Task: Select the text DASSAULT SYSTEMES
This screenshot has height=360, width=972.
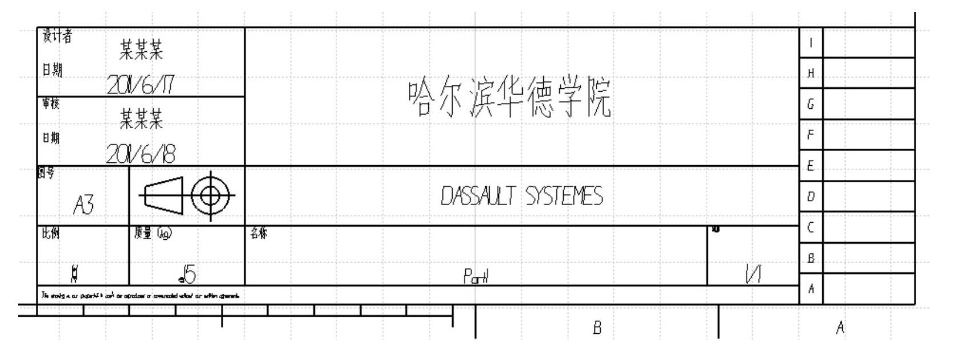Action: point(522,197)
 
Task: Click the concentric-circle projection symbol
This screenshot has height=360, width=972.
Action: point(211,195)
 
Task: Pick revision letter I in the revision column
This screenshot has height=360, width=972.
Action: point(811,43)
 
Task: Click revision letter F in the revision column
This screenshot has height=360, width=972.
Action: point(811,135)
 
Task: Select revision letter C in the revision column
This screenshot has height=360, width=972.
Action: point(811,228)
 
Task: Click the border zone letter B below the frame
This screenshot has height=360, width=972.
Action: point(597,328)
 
